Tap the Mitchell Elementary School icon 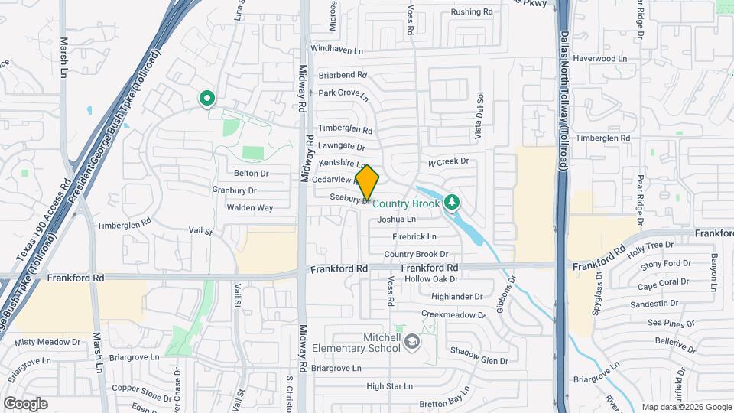pos(413,340)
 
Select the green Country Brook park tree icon pos(452,202)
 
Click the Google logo pos(25,403)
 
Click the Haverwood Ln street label pos(600,58)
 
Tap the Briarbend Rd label pos(343,76)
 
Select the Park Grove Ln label pos(343,95)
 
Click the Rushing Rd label pos(471,12)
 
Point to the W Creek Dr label pos(447,162)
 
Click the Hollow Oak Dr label pos(432,279)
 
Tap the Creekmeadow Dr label pos(453,314)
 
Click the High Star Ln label pos(389,386)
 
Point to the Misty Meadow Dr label pos(47,342)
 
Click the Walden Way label pos(249,207)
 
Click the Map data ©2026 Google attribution pos(686,407)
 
